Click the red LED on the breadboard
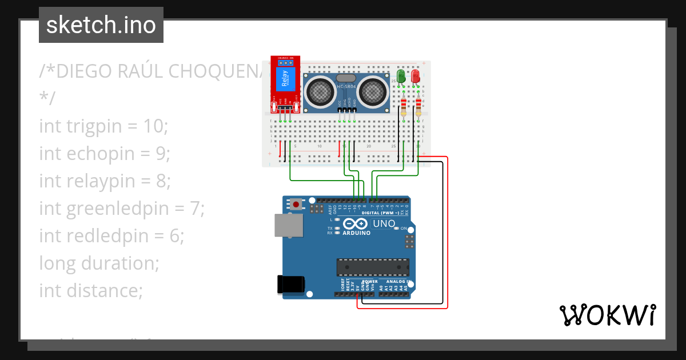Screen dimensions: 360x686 point(416,76)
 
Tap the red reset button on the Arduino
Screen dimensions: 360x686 point(296,204)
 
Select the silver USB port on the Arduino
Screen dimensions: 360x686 point(289,225)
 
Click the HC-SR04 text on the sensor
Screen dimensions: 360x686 point(346,86)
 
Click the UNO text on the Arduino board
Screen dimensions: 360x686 point(384,223)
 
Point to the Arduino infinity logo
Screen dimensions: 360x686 point(356,224)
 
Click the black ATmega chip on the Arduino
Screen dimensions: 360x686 point(373,267)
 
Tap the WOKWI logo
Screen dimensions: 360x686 point(607,315)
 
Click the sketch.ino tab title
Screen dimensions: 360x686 point(101,25)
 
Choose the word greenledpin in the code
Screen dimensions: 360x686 point(127,208)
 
